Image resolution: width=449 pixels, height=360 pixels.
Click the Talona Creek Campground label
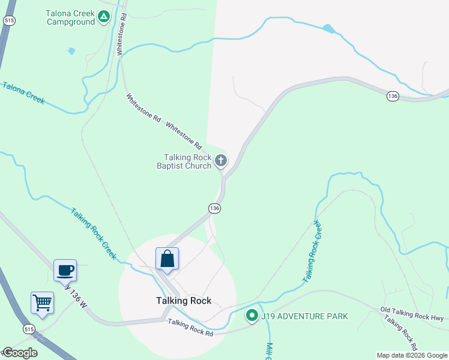point(71,17)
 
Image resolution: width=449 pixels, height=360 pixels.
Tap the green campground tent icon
point(104,17)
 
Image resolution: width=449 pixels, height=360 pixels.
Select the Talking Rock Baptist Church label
point(184,161)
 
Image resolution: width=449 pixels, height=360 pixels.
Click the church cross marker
point(221,160)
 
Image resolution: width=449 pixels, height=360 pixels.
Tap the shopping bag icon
point(167,259)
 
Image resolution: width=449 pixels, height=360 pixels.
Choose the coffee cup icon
point(65,269)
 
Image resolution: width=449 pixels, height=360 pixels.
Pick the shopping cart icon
point(43,302)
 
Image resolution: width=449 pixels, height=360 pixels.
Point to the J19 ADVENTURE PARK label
point(304,316)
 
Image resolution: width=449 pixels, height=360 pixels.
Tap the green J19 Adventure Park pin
point(252,315)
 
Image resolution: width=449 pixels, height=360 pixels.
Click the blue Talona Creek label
point(23,93)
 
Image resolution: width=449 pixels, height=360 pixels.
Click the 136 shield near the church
point(215,208)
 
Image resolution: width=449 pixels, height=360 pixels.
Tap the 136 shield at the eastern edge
point(393,96)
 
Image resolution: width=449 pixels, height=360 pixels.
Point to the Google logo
point(19,353)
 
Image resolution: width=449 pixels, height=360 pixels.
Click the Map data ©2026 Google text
point(412,355)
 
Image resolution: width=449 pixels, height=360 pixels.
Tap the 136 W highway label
point(76,295)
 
